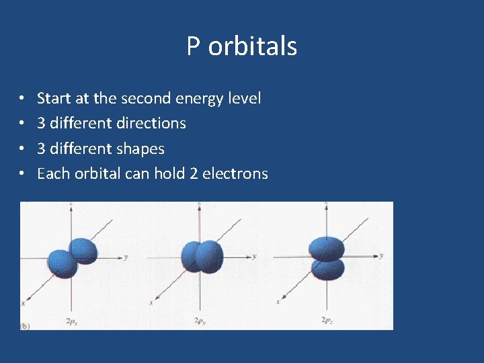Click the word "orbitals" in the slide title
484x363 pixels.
pyautogui.click(x=253, y=46)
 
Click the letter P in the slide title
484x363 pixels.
pyautogui.click(x=194, y=46)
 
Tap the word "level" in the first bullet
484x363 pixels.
pyautogui.click(x=245, y=98)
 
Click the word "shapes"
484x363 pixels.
pyautogui.click(x=140, y=149)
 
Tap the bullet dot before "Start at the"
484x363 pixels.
pyautogui.click(x=22, y=99)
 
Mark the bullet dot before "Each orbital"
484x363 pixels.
pyautogui.click(x=22, y=174)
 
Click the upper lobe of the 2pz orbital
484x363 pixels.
pyautogui.click(x=327, y=248)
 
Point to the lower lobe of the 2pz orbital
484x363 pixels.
pyautogui.click(x=327, y=268)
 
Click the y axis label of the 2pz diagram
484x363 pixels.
pyautogui.click(x=381, y=255)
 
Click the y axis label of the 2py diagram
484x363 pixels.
pyautogui.click(x=253, y=256)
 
